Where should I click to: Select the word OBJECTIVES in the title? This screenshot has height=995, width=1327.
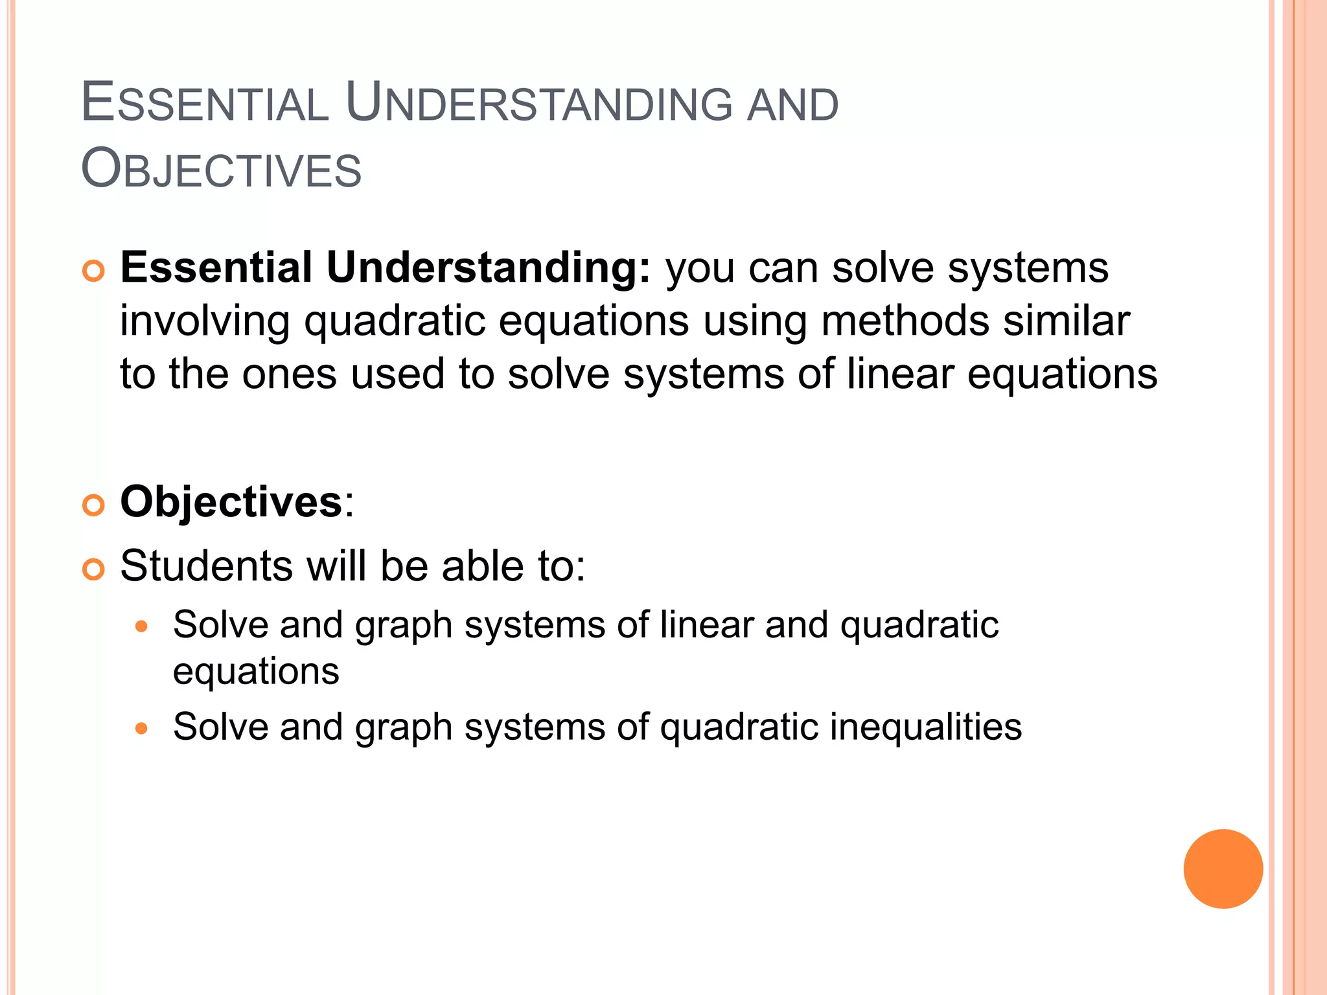click(221, 169)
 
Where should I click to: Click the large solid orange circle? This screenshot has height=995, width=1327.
click(1223, 869)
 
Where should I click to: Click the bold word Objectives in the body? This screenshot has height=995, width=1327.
click(231, 502)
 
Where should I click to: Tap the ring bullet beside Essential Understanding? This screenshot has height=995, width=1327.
click(94, 271)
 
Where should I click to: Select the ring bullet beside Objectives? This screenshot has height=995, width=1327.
click(94, 505)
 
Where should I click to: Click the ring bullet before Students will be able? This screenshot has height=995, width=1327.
click(94, 569)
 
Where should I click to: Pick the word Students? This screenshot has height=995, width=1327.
click(207, 566)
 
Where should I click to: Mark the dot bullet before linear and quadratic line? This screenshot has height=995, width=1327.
click(142, 626)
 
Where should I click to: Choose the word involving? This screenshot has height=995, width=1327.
click(205, 323)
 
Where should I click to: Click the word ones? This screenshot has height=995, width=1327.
click(289, 375)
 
